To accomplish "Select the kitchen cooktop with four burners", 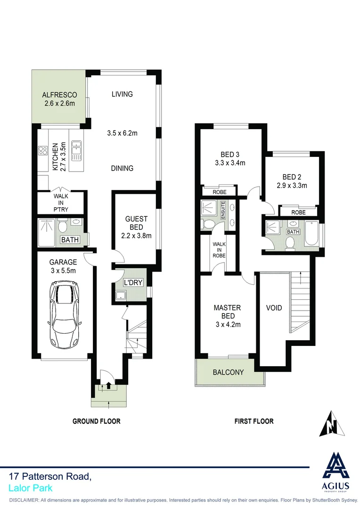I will click(43, 151).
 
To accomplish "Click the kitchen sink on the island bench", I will click(75, 151).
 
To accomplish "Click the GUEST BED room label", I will click(136, 227).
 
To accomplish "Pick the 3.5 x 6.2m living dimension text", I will click(122, 133).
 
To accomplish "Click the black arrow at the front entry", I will click(109, 385).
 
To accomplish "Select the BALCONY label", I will click(228, 372).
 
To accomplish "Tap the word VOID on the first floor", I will click(274, 308).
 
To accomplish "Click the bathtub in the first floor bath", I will click(311, 234).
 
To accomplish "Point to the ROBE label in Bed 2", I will click(298, 213).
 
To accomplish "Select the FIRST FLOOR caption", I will click(254, 421).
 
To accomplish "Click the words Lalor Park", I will click(31, 488).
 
